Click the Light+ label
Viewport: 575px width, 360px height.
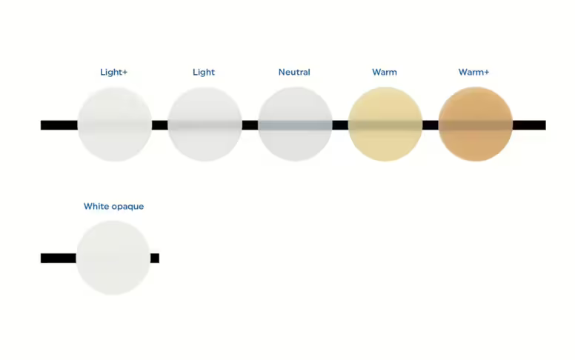(x=113, y=72)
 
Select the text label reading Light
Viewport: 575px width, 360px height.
(x=204, y=72)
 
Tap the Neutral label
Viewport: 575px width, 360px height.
(x=294, y=72)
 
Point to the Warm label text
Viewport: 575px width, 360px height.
(x=385, y=72)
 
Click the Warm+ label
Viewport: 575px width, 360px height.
(x=474, y=72)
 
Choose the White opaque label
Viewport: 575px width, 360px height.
(x=113, y=207)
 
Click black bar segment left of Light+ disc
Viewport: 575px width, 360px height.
(x=59, y=125)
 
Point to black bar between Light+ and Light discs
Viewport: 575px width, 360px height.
(x=159, y=125)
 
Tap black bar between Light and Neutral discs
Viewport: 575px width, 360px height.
(x=250, y=125)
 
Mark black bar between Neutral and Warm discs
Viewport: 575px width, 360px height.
(x=340, y=125)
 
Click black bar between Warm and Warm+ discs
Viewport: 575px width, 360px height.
(x=431, y=125)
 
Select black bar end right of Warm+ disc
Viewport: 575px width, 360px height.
(x=529, y=125)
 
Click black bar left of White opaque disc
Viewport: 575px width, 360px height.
(x=58, y=258)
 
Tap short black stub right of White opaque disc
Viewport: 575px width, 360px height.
(x=155, y=258)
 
